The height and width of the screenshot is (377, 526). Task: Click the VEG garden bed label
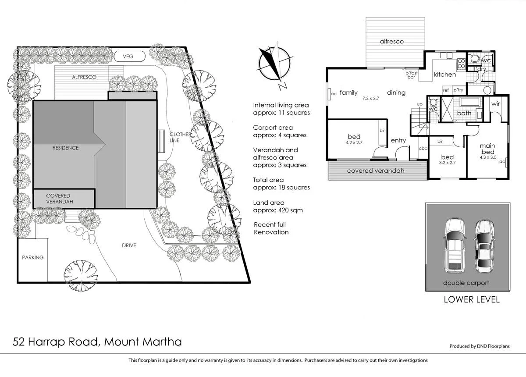[x=128, y=57]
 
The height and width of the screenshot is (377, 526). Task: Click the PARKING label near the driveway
[x=33, y=257]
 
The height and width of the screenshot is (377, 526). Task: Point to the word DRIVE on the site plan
[x=129, y=245]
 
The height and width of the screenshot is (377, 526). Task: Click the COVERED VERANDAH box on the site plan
[x=64, y=199]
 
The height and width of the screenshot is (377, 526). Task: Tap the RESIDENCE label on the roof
[x=65, y=148]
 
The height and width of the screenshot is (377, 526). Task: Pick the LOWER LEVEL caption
[x=471, y=300]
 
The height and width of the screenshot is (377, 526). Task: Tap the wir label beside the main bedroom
[x=496, y=104]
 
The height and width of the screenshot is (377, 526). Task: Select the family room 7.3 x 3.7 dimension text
[x=370, y=99]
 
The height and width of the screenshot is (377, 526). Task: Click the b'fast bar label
[x=411, y=75]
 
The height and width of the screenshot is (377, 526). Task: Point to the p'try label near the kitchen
[x=458, y=90]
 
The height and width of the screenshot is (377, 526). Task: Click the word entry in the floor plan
[x=398, y=140]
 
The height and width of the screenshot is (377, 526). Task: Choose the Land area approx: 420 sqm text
[x=278, y=206]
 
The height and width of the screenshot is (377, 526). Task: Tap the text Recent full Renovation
[x=271, y=228]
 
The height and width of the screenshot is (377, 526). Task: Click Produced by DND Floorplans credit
[x=479, y=346]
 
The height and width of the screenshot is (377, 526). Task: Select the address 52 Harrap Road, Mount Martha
[x=97, y=341]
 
